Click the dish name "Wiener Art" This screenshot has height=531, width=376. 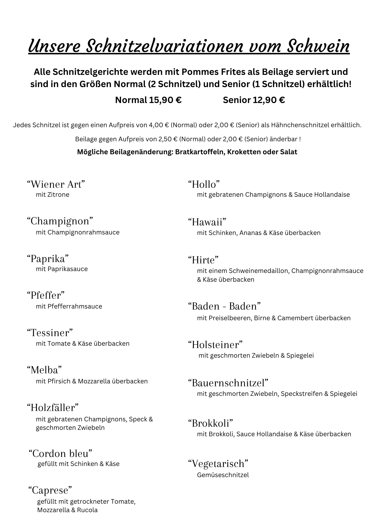(56, 184)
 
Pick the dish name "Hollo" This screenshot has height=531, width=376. (204, 184)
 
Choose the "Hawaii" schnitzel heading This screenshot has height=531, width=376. (207, 222)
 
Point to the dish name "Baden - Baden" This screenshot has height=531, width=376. (224, 306)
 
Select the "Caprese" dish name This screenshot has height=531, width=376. (50, 490)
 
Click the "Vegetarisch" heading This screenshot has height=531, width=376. (218, 464)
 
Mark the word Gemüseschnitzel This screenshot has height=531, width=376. (223, 475)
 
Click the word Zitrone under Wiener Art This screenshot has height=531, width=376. (58, 195)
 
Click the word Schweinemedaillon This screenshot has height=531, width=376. (259, 271)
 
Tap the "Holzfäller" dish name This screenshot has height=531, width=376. (53, 408)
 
